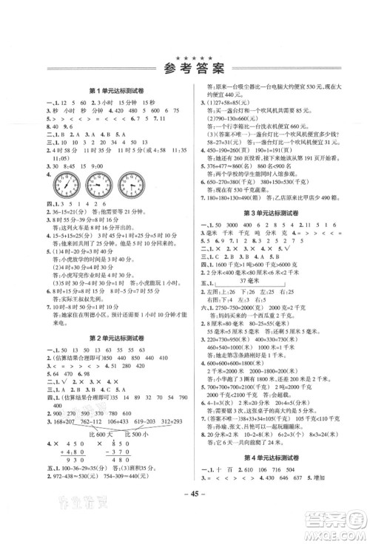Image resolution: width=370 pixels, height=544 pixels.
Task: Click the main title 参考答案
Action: (x=185, y=70)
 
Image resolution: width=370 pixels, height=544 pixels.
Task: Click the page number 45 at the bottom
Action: (x=186, y=523)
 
